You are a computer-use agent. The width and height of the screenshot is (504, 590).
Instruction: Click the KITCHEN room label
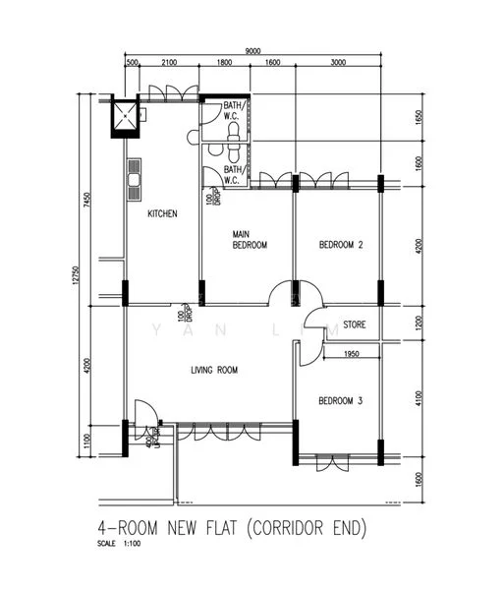[x=162, y=213]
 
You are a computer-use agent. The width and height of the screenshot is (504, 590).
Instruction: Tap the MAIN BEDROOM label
[x=250, y=240]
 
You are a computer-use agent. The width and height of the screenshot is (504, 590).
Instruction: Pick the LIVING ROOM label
[x=213, y=371]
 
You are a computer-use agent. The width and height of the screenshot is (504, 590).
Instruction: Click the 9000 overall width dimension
[x=252, y=50]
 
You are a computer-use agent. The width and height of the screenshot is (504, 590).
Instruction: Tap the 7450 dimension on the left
[x=87, y=202]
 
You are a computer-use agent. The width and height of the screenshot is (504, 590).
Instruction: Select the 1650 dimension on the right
[x=420, y=118]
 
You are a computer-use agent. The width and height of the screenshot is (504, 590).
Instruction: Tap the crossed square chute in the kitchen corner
[x=126, y=117]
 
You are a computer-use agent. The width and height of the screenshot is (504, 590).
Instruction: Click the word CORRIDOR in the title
[x=289, y=528]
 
